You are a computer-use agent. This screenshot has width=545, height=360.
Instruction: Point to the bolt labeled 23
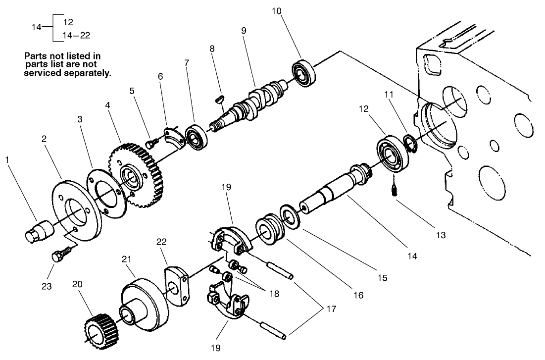pyautogui.click(x=58, y=257)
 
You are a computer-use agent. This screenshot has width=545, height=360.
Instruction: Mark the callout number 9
pyautogui.click(x=244, y=30)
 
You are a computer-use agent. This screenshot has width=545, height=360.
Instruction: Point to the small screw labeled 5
pyautogui.click(x=152, y=143)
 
